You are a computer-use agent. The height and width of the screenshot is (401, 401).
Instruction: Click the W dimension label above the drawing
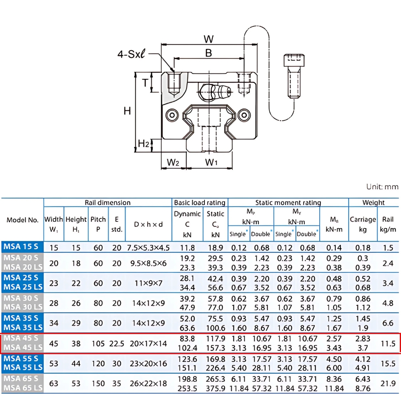click(x=208, y=39)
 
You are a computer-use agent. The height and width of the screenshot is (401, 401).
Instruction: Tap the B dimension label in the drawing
click(x=208, y=53)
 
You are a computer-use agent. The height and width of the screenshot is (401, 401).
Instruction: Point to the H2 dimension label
click(x=144, y=144)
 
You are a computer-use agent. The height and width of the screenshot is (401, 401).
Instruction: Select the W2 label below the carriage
click(x=173, y=162)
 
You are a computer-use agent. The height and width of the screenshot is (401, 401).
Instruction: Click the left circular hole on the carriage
click(x=173, y=115)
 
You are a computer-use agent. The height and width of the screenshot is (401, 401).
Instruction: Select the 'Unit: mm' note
click(x=382, y=187)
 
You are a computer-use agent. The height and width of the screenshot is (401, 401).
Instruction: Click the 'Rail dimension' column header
click(x=107, y=203)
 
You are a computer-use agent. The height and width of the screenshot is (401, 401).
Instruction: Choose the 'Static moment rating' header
click(x=288, y=203)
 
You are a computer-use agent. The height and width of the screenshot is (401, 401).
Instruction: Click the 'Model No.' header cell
click(x=22, y=220)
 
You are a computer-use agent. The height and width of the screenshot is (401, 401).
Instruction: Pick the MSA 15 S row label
click(x=22, y=247)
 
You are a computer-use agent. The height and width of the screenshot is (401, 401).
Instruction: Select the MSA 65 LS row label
click(x=22, y=388)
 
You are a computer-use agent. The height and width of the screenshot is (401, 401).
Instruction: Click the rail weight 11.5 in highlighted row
click(x=388, y=344)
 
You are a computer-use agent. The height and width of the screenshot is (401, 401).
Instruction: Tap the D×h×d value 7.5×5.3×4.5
click(x=148, y=247)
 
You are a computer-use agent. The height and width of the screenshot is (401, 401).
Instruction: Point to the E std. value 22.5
click(x=116, y=344)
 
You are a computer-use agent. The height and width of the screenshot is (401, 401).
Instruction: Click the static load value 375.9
click(x=215, y=388)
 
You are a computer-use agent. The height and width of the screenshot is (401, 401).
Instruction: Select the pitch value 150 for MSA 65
click(x=98, y=384)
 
